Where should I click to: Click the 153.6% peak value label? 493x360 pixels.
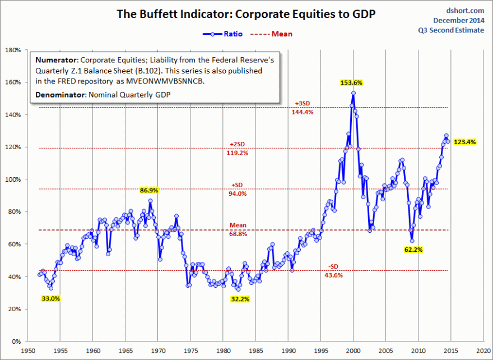(352, 82)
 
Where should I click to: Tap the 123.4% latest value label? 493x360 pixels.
(465, 142)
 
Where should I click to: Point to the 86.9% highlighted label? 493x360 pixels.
(150, 191)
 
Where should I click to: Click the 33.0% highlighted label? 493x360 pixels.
(50, 299)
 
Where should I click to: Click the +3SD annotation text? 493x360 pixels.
(303, 104)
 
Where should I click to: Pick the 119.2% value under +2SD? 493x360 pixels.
(238, 153)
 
